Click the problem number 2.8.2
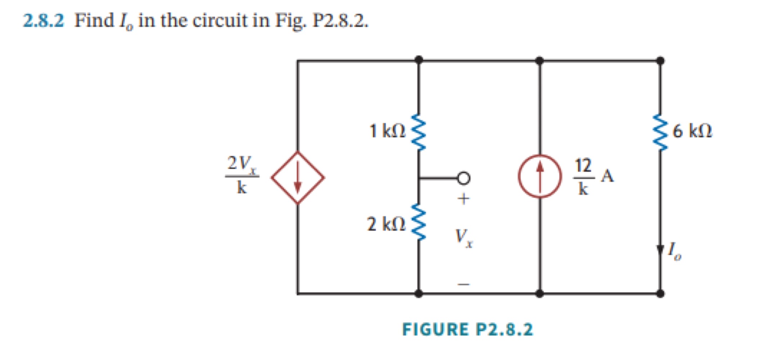tap(44, 21)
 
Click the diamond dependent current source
tap(298, 177)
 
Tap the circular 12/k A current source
tap(540, 176)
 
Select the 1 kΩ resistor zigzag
tap(419, 132)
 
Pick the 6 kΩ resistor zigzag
tap(660, 132)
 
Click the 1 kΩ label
tap(387, 131)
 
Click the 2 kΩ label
tap(386, 224)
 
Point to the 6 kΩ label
tap(692, 131)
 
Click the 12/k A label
tap(593, 176)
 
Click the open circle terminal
tap(464, 178)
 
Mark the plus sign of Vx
tap(464, 199)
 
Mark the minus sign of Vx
tap(464, 285)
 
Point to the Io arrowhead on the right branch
tap(660, 250)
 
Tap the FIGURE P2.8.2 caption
tap(467, 329)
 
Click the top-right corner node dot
tap(660, 61)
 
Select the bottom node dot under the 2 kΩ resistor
tap(419, 294)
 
